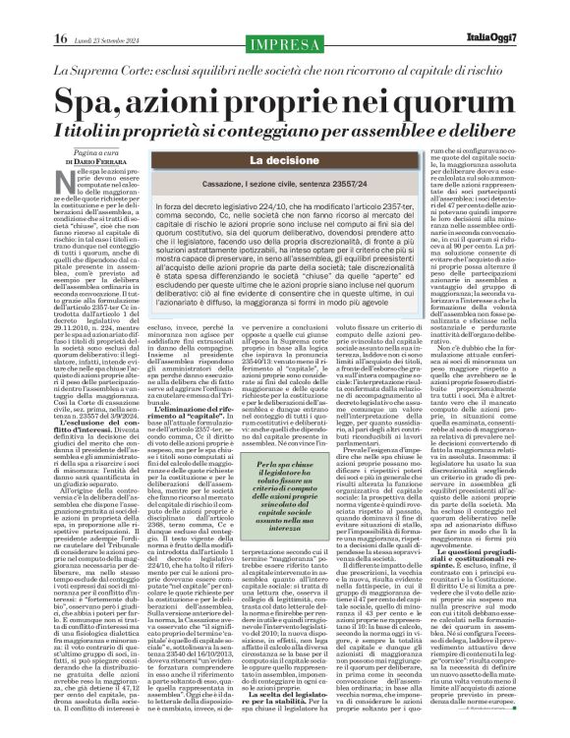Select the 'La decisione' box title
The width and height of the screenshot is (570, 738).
pos(284,160)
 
